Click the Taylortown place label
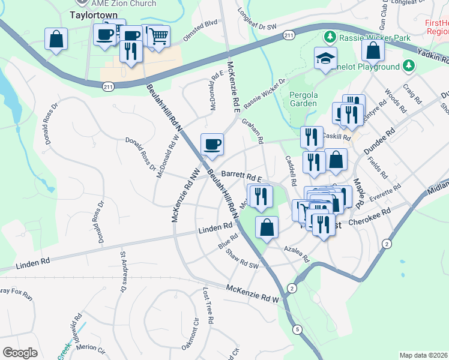[92, 13]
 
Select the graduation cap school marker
[326, 58]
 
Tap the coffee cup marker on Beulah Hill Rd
[212, 144]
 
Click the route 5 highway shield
[297, 329]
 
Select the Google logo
[20, 353]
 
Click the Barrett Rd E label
[242, 176]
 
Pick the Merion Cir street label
[91, 347]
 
